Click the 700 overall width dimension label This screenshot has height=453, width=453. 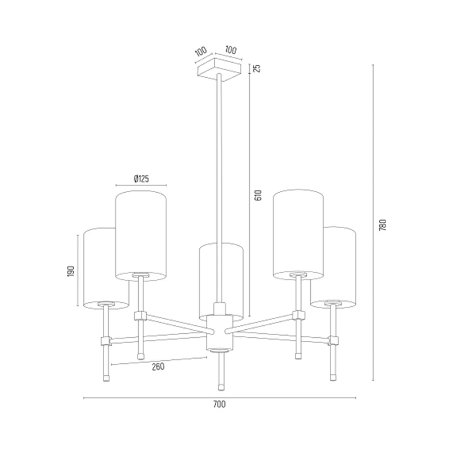tap(219, 404)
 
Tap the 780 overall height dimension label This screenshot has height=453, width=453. tap(383, 225)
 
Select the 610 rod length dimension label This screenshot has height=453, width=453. tap(258, 195)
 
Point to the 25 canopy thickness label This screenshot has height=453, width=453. tap(257, 68)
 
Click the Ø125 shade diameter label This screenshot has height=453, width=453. tap(141, 179)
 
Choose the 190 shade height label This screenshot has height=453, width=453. tap(71, 271)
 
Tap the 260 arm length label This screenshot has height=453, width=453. tap(158, 366)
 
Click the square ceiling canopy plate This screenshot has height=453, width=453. tap(219, 70)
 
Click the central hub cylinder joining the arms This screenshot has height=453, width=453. tap(220, 333)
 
